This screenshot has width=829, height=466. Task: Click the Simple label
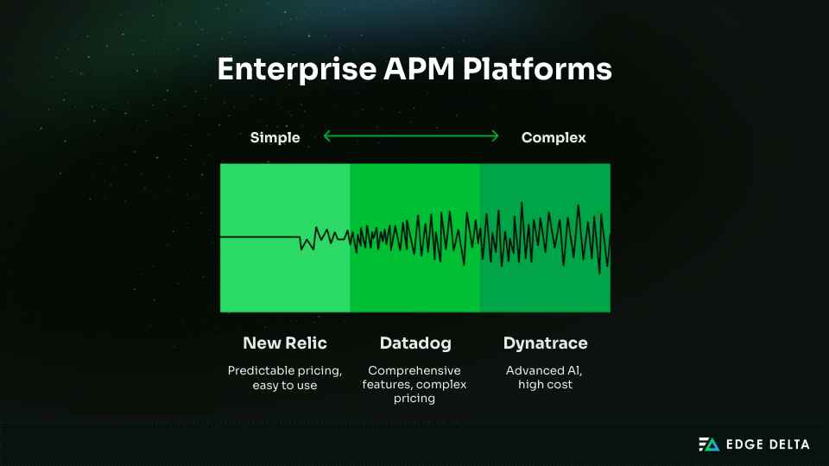point(275,137)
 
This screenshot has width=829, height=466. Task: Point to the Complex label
point(554,137)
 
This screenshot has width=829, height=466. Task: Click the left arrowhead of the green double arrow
point(327,135)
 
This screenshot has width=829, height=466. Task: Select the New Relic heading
point(285,343)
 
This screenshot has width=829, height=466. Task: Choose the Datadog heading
point(414,343)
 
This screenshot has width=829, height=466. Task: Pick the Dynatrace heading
point(545,343)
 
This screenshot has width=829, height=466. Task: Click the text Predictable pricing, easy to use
point(285,377)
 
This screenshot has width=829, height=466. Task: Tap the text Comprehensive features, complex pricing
point(414,384)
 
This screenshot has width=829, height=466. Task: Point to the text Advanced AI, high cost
point(545,377)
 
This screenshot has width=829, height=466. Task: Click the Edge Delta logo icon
point(708,444)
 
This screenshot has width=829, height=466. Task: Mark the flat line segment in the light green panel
point(259,236)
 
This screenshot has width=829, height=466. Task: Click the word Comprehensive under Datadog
point(414,370)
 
